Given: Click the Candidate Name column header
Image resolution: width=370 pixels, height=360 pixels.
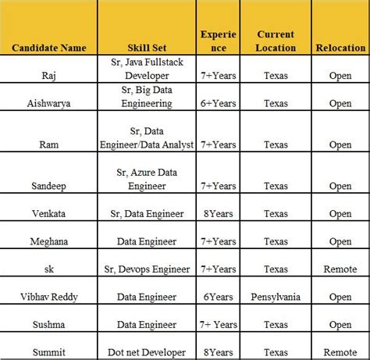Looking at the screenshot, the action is [50, 48].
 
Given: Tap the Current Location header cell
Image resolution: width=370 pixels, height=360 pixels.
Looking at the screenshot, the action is [276, 41].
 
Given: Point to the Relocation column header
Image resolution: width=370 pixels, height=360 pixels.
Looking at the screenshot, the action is [340, 48].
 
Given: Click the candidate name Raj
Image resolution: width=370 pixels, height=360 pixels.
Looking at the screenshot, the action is [48, 76].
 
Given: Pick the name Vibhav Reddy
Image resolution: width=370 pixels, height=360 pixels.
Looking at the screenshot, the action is [48, 297].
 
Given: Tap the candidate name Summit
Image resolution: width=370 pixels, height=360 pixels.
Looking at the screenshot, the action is [48, 352].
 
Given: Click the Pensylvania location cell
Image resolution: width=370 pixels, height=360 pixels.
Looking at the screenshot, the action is [276, 297].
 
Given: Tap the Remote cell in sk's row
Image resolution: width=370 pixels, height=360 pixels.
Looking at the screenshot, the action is [340, 269].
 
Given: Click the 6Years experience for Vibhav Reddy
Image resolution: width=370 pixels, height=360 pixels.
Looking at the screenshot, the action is [218, 297].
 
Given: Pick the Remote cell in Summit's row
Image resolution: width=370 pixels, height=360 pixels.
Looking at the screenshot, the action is [340, 352].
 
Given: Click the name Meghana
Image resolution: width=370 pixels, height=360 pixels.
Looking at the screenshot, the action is [48, 241].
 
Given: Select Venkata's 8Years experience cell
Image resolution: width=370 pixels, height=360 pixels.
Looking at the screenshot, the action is [218, 213].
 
